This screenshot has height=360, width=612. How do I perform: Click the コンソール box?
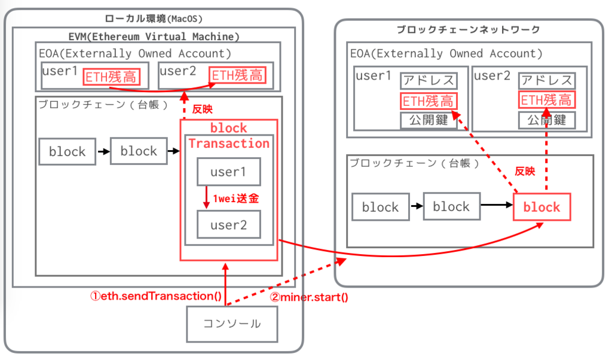point(232,324)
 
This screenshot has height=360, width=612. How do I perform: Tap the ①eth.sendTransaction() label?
point(156,296)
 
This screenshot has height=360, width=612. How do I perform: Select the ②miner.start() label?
point(309,298)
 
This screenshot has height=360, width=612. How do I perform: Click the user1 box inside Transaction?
point(229,172)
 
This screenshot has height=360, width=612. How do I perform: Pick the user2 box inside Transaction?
point(229,224)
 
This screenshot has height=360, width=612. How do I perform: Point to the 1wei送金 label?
point(235,199)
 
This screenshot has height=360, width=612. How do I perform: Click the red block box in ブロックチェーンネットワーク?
point(541,207)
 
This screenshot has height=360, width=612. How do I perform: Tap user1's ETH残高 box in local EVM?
point(111,77)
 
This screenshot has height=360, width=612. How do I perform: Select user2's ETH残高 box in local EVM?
point(237,75)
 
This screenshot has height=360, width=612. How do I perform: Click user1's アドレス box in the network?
point(429,81)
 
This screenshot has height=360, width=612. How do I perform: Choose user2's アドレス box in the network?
point(547,81)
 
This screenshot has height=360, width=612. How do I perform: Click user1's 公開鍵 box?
point(429,120)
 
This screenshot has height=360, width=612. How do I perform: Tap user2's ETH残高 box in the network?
point(547,100)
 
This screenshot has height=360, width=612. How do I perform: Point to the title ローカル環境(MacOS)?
point(154,19)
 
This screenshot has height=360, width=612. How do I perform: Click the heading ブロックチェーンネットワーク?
point(469,29)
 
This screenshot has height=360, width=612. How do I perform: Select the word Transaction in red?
point(229,144)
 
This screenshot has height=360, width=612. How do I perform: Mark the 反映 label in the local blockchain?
point(202,109)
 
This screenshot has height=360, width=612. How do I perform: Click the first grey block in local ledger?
point(67,151)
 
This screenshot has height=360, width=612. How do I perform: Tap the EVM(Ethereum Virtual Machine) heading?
point(154,36)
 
